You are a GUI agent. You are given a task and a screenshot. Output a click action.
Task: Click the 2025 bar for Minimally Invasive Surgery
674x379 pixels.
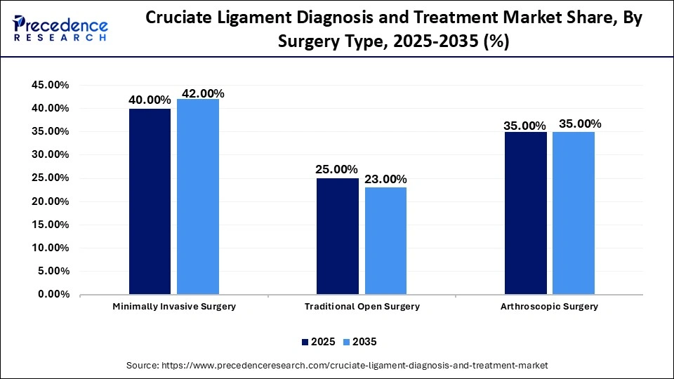pos(150,201)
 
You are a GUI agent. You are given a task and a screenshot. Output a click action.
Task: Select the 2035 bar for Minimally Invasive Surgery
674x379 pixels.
pos(198,197)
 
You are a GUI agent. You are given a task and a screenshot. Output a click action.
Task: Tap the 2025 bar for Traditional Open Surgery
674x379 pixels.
pos(338,236)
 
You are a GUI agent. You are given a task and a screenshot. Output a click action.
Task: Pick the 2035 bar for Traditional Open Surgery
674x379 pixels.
pos(385,241)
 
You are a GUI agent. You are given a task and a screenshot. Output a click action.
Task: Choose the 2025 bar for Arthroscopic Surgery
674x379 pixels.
pos(526,213)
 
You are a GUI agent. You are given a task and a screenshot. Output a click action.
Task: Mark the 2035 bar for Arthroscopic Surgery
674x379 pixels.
pos(574,213)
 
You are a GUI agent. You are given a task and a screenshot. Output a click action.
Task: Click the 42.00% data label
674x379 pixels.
pos(203,93)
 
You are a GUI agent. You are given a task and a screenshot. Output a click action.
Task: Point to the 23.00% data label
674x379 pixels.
pos(385,180)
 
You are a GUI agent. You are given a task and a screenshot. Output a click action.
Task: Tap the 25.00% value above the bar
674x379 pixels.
pos(337,170)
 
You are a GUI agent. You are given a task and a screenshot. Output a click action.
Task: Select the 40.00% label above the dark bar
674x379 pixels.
pos(150,100)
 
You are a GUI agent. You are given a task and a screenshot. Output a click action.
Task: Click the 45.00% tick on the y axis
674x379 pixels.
pos(50,85)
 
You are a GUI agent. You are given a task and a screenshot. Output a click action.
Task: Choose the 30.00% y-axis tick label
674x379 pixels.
pos(50,154)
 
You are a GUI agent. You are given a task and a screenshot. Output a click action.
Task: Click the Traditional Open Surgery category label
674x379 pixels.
pos(362,307)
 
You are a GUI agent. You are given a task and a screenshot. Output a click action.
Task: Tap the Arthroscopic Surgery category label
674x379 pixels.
pos(550,307)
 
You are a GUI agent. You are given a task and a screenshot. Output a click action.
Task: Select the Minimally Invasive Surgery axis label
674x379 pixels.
pos(174,307)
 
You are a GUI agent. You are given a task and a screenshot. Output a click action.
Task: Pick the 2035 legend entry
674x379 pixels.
pos(359,342)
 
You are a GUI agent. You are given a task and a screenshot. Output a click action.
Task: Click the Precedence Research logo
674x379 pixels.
pos(60,29)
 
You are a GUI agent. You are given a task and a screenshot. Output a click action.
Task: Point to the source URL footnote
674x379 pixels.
pos(337,366)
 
